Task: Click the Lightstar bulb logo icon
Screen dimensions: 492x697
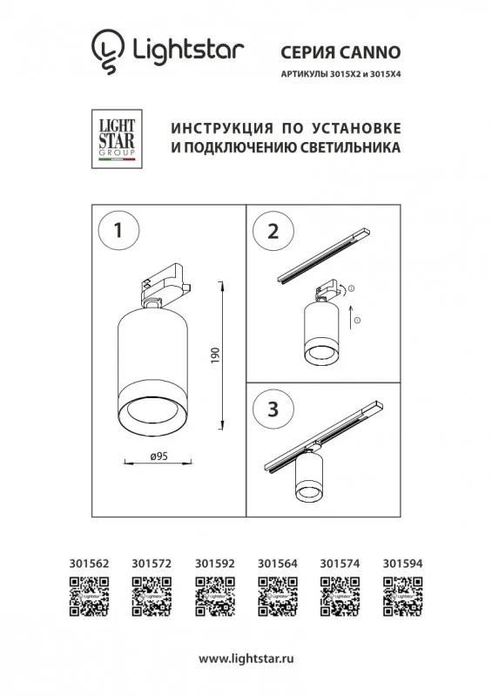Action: pos(108,51)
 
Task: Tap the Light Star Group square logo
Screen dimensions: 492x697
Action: pos(117,139)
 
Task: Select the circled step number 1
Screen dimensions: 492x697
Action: pos(118,230)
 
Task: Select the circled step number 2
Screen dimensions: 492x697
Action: pos(273,232)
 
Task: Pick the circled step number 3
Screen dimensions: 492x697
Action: pos(273,409)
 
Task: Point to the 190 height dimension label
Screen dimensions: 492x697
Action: pos(216,356)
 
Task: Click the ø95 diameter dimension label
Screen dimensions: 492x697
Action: pos(159,456)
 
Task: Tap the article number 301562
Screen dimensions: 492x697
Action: pos(89,564)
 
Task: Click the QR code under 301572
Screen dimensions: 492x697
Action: pos(152,596)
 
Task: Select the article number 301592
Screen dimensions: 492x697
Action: pos(215,564)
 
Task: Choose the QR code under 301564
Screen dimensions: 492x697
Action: pos(278,596)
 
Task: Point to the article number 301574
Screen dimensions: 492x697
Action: pos(340,564)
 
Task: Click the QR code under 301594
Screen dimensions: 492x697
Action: pos(403,596)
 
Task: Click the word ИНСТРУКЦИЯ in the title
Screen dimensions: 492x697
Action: pos(222,128)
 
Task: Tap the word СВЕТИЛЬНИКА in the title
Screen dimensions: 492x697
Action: pos(351,147)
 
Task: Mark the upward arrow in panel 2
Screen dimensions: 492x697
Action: pos(351,316)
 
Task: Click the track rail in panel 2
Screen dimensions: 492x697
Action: pos(324,255)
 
